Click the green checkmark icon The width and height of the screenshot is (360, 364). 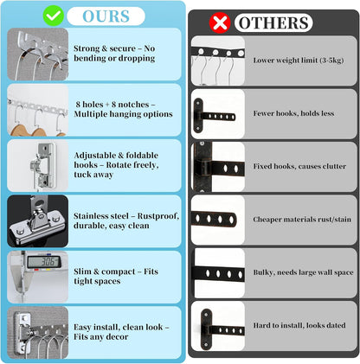click(54, 16)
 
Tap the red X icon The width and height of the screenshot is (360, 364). click(220, 22)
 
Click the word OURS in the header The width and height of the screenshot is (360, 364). click(106, 16)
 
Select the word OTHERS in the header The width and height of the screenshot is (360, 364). click(273, 22)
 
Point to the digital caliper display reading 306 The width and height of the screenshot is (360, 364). click(44, 262)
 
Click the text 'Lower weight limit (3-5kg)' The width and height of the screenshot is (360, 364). click(299, 61)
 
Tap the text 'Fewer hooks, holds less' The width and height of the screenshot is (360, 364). click(293, 113)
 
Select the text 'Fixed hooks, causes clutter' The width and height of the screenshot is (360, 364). click(299, 166)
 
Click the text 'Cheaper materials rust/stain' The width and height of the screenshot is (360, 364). click(302, 220)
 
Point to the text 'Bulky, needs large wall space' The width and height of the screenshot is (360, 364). click(303, 272)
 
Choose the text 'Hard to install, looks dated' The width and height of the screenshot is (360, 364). click(299, 325)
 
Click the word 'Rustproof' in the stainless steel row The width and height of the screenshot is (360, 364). click(158, 216)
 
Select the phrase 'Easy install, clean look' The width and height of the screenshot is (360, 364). click(119, 327)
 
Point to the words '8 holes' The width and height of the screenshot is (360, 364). click(89, 105)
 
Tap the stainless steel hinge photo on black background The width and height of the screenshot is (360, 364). click(38, 221)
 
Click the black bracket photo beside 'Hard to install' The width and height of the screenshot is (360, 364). click(218, 326)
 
